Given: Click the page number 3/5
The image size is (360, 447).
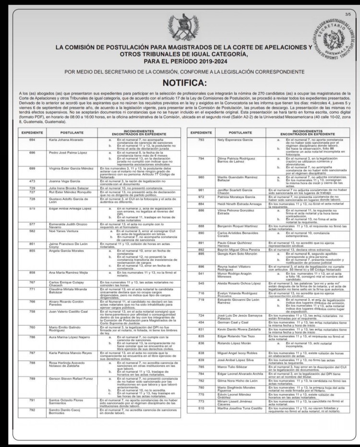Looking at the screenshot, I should [x=348, y=15].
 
